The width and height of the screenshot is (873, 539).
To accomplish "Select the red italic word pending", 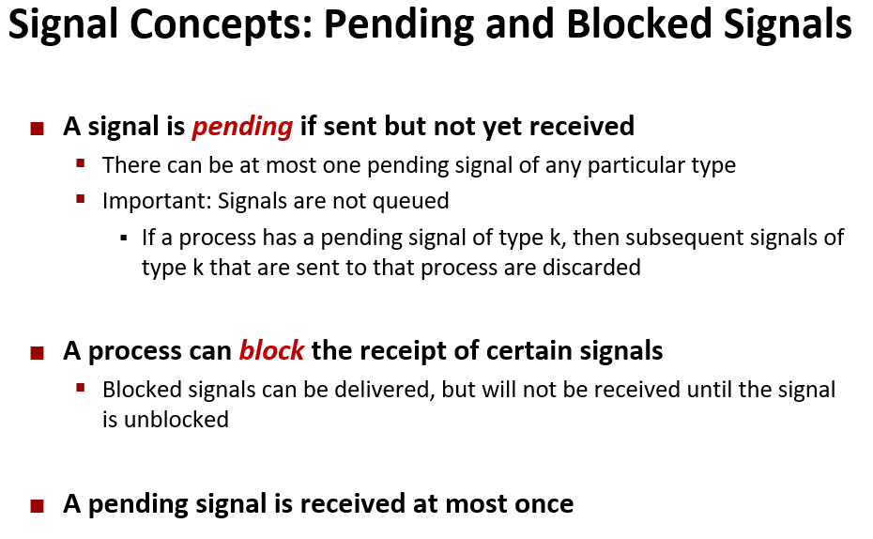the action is (x=242, y=126).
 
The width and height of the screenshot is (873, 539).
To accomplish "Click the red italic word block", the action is (x=271, y=351).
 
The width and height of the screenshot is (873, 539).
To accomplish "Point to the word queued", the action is (x=408, y=200).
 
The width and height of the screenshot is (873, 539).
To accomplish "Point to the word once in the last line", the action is (x=539, y=503).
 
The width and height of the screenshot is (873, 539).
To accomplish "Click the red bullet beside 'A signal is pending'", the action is (x=38, y=129).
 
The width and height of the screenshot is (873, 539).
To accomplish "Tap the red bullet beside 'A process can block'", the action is (x=38, y=354).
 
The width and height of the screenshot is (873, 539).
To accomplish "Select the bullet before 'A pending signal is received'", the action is (x=38, y=506).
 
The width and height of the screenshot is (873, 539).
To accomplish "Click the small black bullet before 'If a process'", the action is (x=124, y=238).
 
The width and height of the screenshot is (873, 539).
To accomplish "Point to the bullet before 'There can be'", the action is (x=82, y=163).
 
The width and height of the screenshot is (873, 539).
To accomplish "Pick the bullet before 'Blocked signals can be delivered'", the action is (x=82, y=387).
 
